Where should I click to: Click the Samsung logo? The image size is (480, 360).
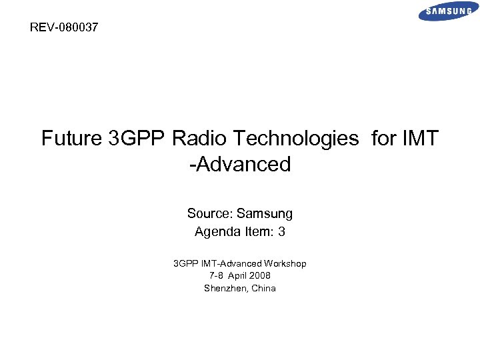point(448,11)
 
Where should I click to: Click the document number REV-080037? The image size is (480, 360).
point(64,28)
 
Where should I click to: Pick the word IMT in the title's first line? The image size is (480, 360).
point(420,139)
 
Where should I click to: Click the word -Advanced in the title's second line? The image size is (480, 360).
point(240,164)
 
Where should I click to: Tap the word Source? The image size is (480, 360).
point(209,214)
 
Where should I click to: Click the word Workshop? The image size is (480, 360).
point(285,263)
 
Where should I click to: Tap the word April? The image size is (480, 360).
point(239,275)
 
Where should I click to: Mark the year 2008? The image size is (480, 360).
point(261,275)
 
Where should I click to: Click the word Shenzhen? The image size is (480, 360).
point(225,288)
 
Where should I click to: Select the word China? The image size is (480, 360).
point(263,288)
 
